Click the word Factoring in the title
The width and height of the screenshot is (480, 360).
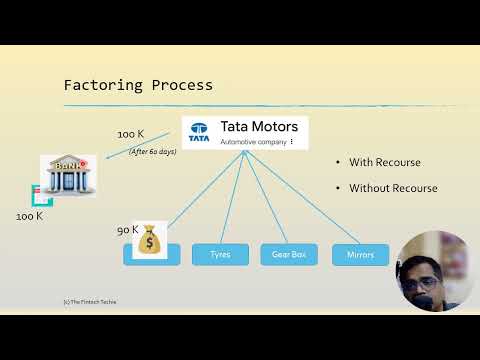(x=101, y=85)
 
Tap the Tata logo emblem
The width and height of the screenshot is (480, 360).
(x=200, y=132)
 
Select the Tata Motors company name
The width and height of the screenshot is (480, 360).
(x=259, y=127)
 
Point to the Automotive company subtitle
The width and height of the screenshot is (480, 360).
(x=253, y=143)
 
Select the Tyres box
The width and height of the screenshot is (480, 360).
(x=220, y=254)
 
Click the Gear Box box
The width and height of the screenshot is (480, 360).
(x=288, y=254)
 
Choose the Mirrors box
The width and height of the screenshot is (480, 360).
(x=359, y=254)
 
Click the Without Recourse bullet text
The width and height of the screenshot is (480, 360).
(x=392, y=188)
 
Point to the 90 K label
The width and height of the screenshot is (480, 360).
(x=127, y=230)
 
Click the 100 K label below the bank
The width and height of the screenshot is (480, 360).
(x=29, y=216)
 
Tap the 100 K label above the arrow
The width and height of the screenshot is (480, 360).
(x=130, y=134)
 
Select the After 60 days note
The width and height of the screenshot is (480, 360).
(x=152, y=152)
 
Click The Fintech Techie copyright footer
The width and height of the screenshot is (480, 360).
(x=89, y=301)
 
